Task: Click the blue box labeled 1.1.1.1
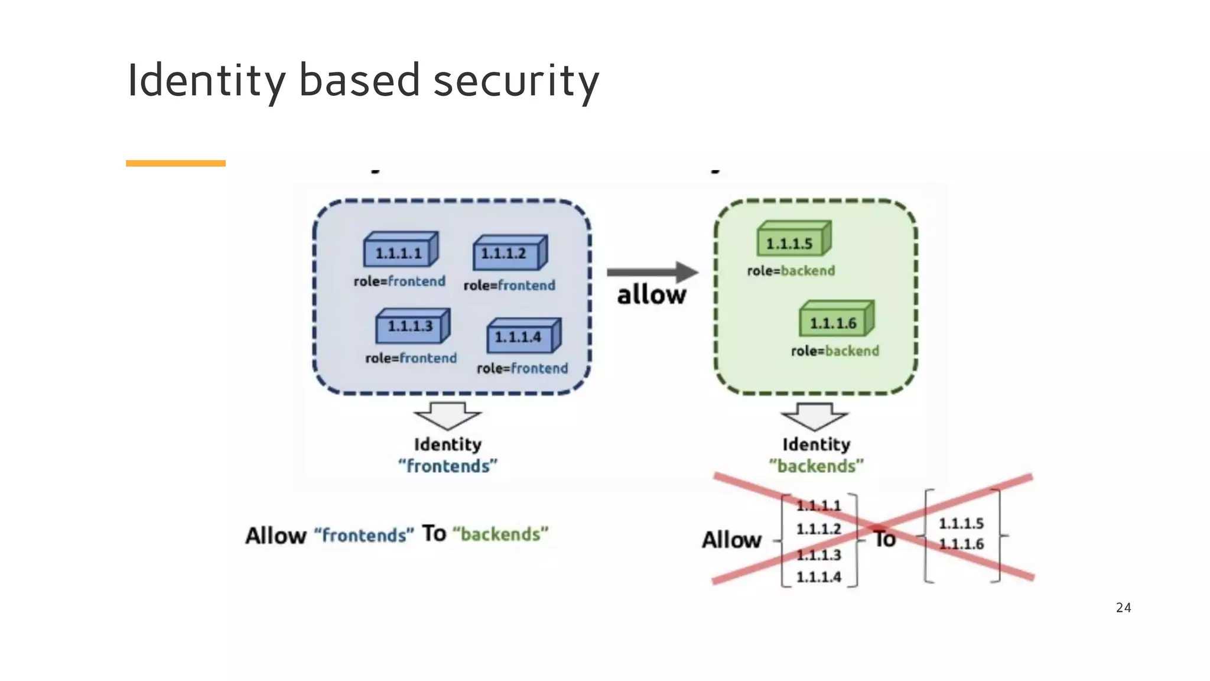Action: tap(400, 252)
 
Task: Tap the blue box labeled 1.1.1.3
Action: tap(412, 326)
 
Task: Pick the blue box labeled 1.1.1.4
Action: tap(523, 337)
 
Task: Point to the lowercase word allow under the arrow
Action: tap(652, 294)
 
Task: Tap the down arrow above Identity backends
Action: tap(815, 416)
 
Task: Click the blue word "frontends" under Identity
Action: tap(448, 466)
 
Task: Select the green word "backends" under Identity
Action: tap(816, 466)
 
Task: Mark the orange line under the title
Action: tap(175, 163)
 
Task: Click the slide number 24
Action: tap(1123, 608)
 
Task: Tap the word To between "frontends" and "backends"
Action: tap(434, 533)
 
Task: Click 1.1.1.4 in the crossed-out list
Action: tap(818, 577)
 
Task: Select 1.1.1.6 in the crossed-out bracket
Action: tap(961, 544)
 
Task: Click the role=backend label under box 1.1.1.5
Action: tap(791, 271)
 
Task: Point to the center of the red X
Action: tap(874, 528)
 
